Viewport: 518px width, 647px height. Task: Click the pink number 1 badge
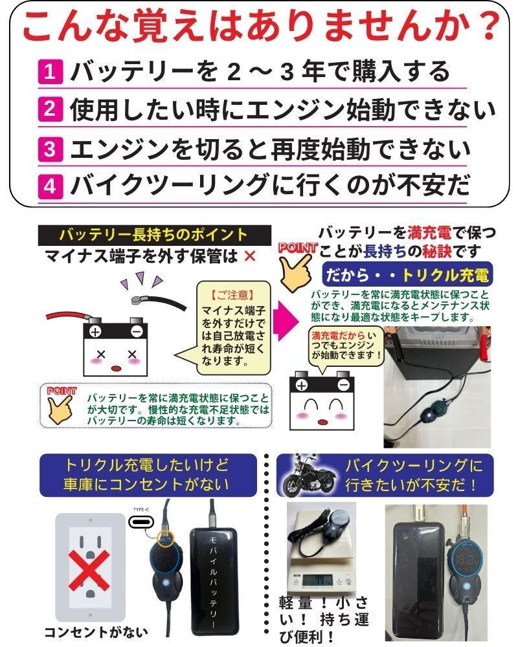pyautogui.click(x=50, y=72)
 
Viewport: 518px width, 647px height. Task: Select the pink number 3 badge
pyautogui.click(x=50, y=149)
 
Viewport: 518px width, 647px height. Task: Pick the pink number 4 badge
pyautogui.click(x=50, y=186)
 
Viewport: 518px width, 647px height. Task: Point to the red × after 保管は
pyautogui.click(x=249, y=257)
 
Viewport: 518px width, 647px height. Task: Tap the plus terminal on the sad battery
pyautogui.click(x=95, y=331)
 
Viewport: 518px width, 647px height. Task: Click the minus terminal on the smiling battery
pyautogui.click(x=343, y=385)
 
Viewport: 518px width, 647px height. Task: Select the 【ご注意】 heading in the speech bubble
pyautogui.click(x=232, y=295)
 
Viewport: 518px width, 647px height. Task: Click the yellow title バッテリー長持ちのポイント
pyautogui.click(x=153, y=235)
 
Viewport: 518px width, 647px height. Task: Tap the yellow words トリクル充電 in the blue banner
pyautogui.click(x=445, y=275)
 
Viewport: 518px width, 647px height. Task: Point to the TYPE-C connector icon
pyautogui.click(x=141, y=522)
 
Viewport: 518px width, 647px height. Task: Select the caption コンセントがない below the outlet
pyautogui.click(x=95, y=632)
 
